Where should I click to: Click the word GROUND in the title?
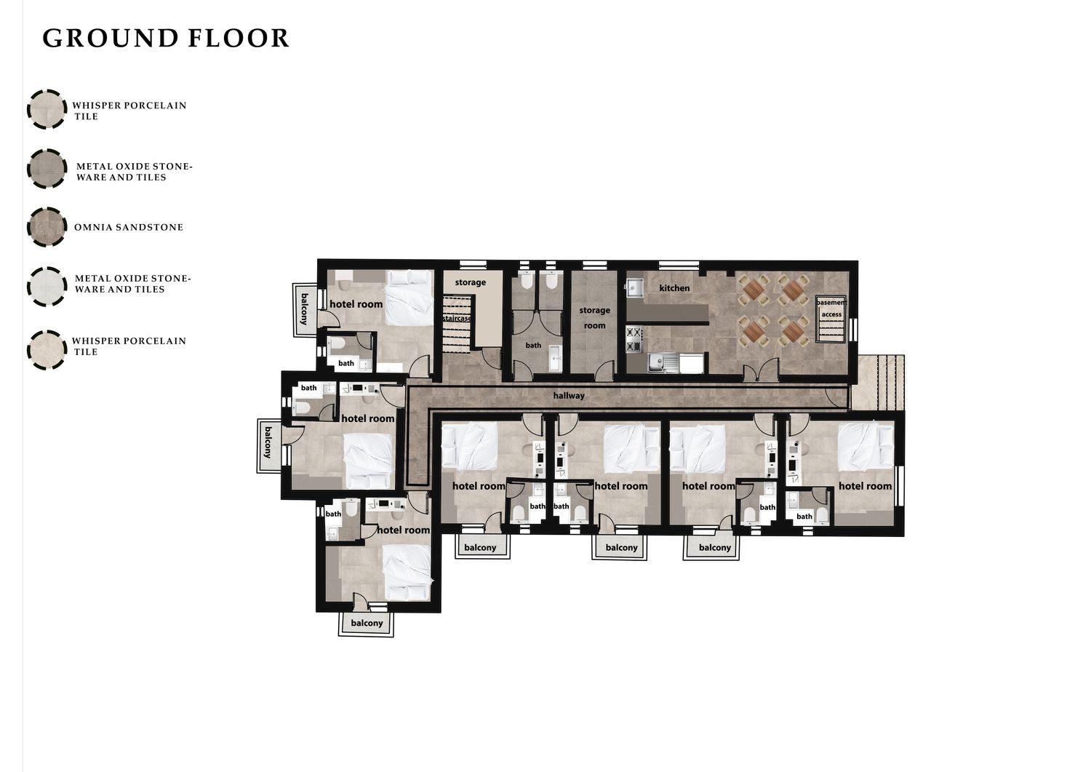tap(111, 39)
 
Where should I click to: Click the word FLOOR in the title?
tap(239, 39)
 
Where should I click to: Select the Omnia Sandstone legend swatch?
tap(47, 226)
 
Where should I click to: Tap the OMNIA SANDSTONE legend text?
tap(129, 227)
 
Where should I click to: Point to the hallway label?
tap(568, 396)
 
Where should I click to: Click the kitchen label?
tap(674, 288)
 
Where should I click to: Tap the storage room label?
tap(594, 318)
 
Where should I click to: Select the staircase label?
tap(457, 318)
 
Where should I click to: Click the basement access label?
tap(831, 309)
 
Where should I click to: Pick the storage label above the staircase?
tap(470, 282)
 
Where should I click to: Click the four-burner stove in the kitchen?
tap(633, 340)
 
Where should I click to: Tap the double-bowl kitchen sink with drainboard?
tap(664, 363)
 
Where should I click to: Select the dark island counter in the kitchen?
tap(667, 314)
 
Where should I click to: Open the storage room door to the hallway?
tap(604, 371)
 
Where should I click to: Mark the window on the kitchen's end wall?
tap(853, 330)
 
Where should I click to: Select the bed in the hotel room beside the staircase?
tap(409, 298)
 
